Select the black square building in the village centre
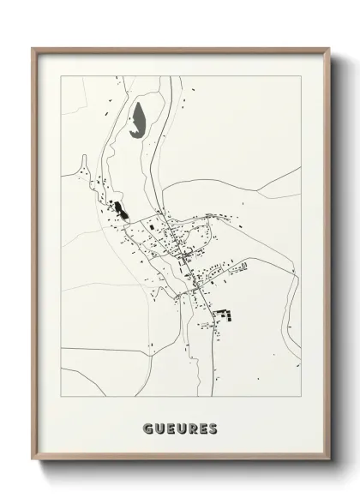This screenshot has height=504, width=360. [x=155, y=226]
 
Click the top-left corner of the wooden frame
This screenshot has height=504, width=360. [x=33, y=48]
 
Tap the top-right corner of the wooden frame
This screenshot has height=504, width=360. [x=330, y=48]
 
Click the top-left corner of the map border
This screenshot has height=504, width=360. [x=61, y=75]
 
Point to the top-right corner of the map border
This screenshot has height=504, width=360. [x=301, y=75]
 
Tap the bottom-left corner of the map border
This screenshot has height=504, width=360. [x=61, y=395]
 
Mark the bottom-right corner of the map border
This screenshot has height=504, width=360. [x=301, y=395]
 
